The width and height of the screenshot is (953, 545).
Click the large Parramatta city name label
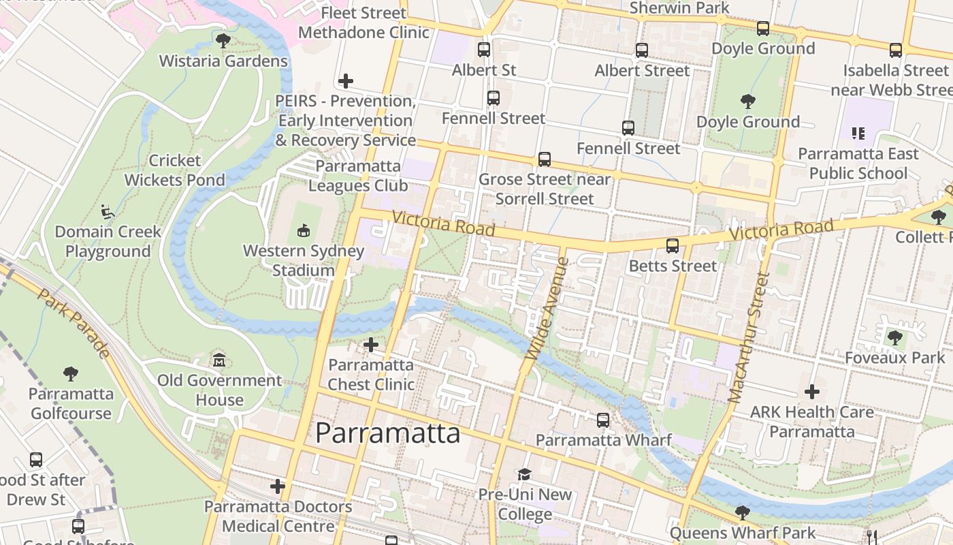(387, 433)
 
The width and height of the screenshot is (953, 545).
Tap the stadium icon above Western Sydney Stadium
(304, 231)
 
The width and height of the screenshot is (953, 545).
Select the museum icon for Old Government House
(219, 360)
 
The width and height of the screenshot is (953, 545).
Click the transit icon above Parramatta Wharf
(603, 420)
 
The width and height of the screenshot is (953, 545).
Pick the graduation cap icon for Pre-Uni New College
(524, 474)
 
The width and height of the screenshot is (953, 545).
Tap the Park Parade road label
(73, 323)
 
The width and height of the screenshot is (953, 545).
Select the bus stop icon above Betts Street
(673, 246)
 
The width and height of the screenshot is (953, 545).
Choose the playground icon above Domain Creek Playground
(108, 212)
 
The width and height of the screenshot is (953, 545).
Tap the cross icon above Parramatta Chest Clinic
(371, 345)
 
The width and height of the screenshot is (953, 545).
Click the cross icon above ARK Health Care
(811, 392)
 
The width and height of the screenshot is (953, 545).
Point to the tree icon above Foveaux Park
(894, 337)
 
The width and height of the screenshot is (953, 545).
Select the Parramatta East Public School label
(858, 163)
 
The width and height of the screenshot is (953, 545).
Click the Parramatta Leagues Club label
(358, 176)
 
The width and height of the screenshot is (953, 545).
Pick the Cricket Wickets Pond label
(174, 170)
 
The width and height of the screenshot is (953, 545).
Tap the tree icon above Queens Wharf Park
(743, 512)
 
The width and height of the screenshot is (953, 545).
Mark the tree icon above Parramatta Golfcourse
(70, 374)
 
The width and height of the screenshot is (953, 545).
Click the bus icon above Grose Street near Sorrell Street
(545, 159)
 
